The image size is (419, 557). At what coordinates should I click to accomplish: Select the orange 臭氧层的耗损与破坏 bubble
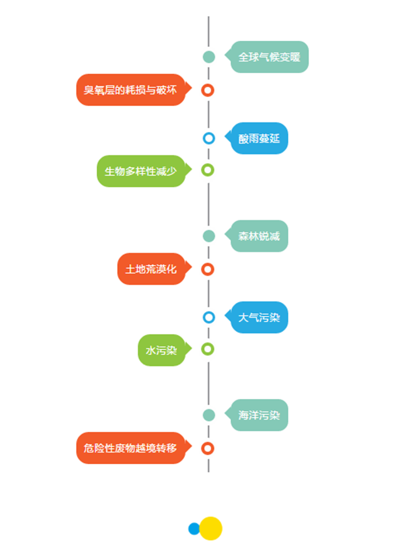click(x=134, y=90)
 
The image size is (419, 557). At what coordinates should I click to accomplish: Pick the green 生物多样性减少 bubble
click(x=144, y=171)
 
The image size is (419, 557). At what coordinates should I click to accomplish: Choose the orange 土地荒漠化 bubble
click(x=154, y=269)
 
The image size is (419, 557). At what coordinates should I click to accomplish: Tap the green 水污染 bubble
click(x=165, y=350)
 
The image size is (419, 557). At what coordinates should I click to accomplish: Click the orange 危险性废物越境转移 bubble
click(x=134, y=448)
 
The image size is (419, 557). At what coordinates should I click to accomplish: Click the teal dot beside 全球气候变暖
click(x=209, y=57)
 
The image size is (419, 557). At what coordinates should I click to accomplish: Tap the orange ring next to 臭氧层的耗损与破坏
click(x=208, y=91)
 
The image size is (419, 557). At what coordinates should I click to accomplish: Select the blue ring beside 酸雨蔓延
click(x=209, y=138)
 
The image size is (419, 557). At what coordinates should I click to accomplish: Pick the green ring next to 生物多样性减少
click(x=208, y=170)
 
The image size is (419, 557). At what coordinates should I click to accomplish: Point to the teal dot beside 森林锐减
click(x=209, y=236)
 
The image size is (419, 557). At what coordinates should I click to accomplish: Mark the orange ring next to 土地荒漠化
click(x=208, y=269)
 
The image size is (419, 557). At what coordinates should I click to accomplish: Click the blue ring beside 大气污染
click(x=209, y=317)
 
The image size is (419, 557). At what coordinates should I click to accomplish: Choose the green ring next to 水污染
click(x=208, y=349)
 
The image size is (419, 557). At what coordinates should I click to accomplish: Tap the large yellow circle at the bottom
click(x=211, y=529)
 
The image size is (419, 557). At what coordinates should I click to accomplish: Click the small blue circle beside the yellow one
click(x=193, y=529)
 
